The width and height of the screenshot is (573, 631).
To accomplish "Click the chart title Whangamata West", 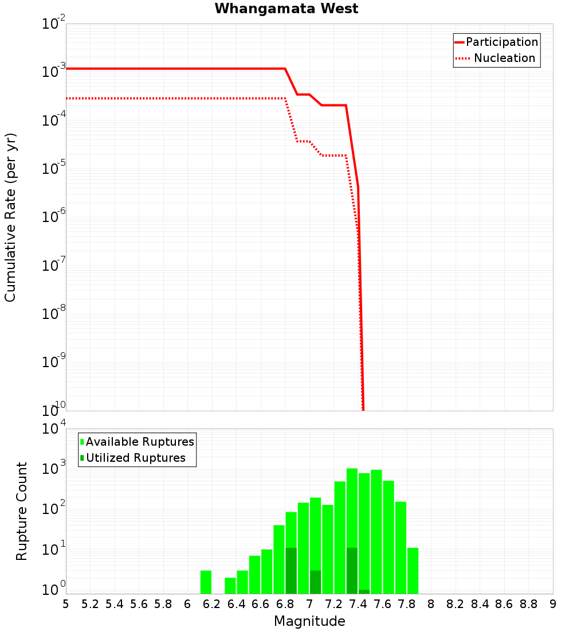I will tap(286, 9).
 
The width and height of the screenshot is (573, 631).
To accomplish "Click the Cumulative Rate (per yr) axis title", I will tap(10, 217).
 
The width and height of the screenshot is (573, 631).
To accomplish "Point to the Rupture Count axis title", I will tap(22, 511).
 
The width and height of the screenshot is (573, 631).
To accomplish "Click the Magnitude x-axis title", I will tap(309, 621).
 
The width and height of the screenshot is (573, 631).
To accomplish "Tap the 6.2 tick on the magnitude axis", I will tap(212, 604).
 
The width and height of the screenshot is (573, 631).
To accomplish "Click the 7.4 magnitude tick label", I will tap(358, 604).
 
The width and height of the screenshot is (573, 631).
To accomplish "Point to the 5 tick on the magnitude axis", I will tap(66, 604).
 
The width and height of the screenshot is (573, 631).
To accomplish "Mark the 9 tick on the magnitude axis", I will tap(553, 604).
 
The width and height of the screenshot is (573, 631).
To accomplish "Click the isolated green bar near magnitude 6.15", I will tap(206, 582).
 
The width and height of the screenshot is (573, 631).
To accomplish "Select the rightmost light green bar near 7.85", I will tap(413, 571).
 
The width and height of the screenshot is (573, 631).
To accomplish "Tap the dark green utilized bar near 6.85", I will tap(291, 571).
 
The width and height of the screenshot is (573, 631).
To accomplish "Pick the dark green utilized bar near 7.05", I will tap(315, 582).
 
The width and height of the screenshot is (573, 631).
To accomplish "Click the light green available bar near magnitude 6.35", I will tap(230, 586).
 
